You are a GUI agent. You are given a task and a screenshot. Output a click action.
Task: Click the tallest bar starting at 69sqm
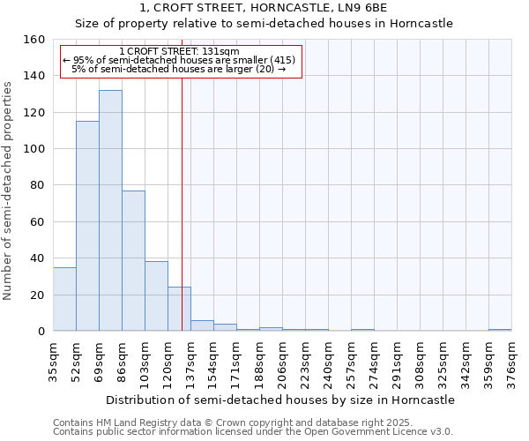(110, 212)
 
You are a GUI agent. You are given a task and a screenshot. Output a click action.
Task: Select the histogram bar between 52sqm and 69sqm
(87, 227)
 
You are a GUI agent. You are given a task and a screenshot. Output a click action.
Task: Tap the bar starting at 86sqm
(133, 261)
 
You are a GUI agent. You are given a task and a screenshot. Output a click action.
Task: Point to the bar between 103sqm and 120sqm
(156, 296)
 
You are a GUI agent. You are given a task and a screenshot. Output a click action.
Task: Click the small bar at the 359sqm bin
(500, 330)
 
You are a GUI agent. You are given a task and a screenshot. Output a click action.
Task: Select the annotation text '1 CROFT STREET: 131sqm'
(179, 52)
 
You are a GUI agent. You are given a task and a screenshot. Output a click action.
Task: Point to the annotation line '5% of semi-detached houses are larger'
(179, 69)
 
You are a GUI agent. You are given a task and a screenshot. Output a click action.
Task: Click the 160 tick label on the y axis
(34, 40)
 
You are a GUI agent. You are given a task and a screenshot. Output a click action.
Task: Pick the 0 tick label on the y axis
(41, 332)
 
